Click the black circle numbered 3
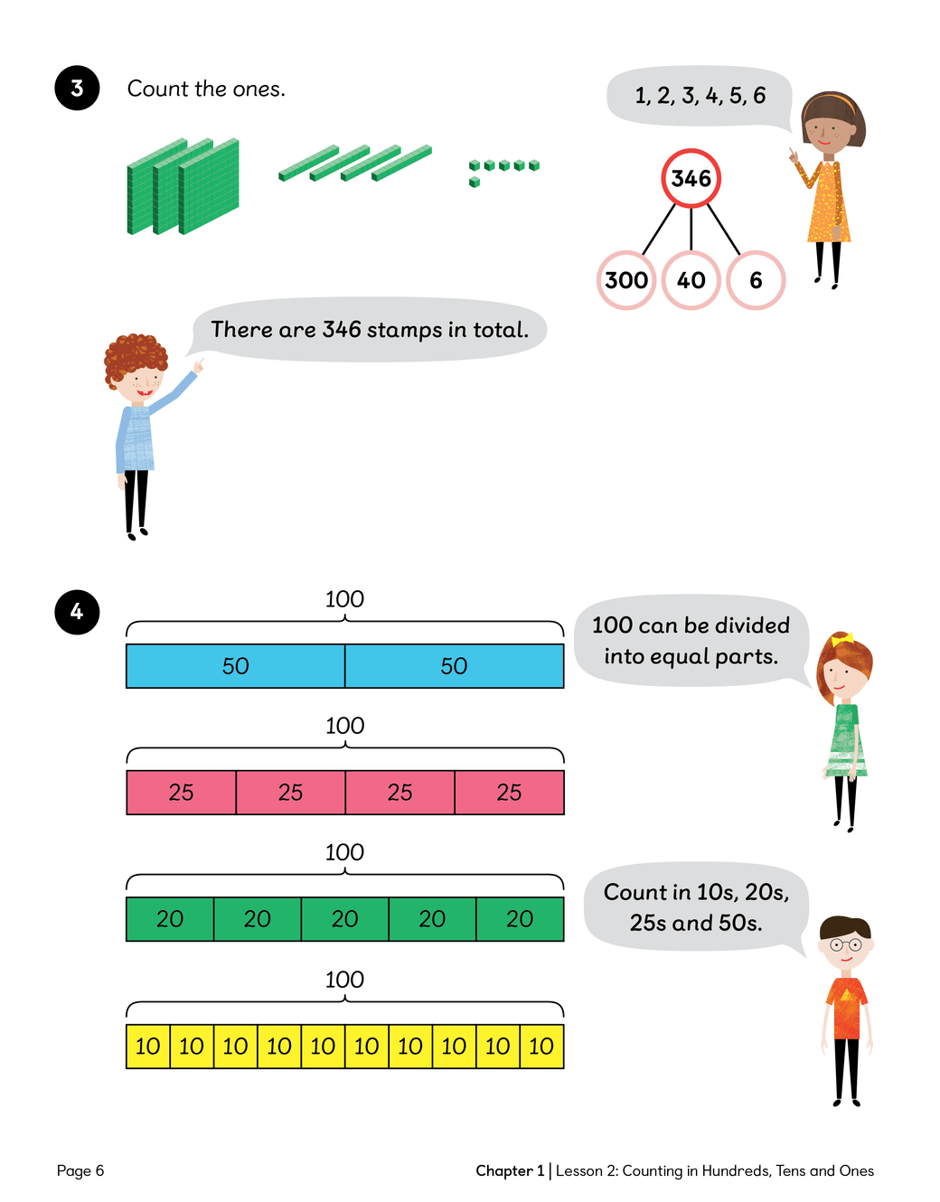[77, 88]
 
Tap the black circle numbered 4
[77, 612]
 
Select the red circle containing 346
[691, 178]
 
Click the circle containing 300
[626, 280]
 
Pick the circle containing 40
[691, 280]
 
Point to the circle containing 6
[756, 280]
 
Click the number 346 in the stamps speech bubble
[342, 330]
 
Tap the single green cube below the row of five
[475, 182]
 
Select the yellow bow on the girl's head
[842, 640]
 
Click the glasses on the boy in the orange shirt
[846, 945]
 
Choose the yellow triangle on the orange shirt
[846, 995]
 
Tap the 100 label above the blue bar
[344, 599]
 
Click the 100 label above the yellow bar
[344, 980]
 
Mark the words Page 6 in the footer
[80, 1170]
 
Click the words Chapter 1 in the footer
[510, 1170]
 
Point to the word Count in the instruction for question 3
[157, 89]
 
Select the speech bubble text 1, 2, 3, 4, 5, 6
[700, 96]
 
